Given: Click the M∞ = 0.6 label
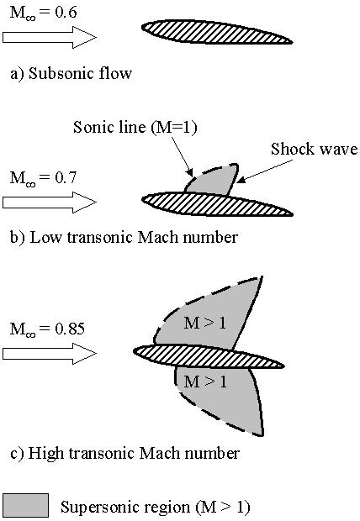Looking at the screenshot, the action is click(43, 13).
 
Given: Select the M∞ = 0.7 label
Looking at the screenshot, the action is click(43, 178).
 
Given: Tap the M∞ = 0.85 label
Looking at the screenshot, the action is click(47, 329).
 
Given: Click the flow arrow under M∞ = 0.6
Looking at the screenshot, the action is click(50, 38).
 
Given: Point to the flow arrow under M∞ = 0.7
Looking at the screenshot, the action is click(50, 202).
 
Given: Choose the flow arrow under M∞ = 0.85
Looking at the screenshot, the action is click(50, 354).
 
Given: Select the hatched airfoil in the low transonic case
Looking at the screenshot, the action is click(216, 203).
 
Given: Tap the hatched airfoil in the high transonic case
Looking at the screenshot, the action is click(209, 356).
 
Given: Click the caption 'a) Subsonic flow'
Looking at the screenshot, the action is click(71, 73).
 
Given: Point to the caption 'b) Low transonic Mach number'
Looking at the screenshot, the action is click(124, 238).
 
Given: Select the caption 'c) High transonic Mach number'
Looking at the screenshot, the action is click(124, 453).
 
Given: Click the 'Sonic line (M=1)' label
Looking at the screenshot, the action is click(135, 128).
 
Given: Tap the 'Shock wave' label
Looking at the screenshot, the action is click(314, 149).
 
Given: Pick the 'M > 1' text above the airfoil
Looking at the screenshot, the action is click(205, 323).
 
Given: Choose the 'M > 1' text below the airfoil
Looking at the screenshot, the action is click(205, 382).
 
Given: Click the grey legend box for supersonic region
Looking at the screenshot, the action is click(25, 505).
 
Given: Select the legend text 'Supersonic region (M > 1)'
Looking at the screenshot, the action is click(155, 508).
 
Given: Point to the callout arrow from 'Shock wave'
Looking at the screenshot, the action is click(265, 171).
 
